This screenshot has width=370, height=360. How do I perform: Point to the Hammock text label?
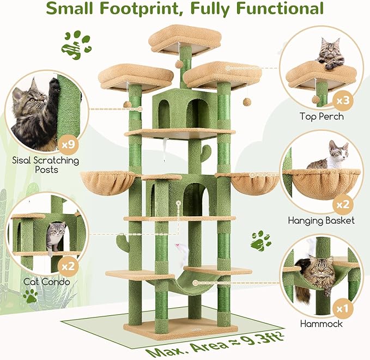[321, 324]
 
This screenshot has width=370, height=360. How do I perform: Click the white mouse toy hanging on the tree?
[178, 250]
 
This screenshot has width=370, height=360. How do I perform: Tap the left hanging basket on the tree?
[106, 181]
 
